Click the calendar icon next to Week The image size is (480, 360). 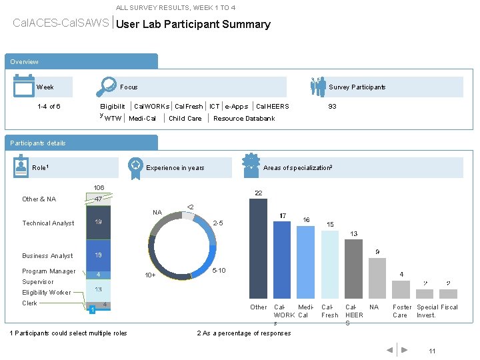coord(23,87)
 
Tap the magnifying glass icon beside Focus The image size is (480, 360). coord(106,87)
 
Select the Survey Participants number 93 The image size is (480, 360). coord(332,106)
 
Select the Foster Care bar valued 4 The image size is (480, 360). coord(401,289)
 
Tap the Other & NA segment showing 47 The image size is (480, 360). coord(98,199)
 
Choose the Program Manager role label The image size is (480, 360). coord(49,271)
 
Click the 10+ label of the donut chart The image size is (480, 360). coord(151,275)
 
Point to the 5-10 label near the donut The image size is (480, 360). coord(219,270)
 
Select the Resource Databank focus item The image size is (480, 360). coord(244,119)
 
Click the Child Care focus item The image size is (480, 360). coord(185,119)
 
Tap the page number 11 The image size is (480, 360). coord(432,351)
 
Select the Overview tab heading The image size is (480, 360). coord(25,62)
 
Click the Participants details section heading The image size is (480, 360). coord(38,143)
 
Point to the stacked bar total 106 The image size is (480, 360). coord(99,187)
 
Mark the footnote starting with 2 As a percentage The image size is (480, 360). coord(244,333)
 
